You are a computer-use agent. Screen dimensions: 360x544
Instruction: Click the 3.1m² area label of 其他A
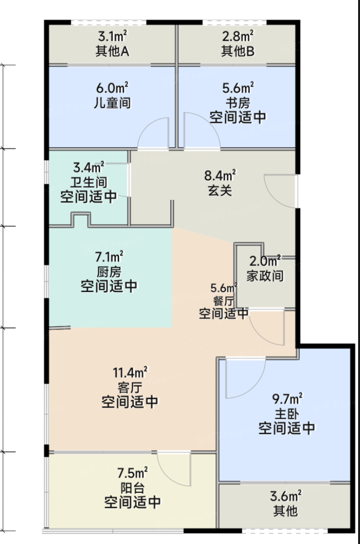click(113, 36)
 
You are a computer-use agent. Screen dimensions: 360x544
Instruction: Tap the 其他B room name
click(238, 51)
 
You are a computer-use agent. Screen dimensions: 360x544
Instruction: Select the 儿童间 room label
click(112, 103)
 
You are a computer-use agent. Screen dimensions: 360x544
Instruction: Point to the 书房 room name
click(238, 103)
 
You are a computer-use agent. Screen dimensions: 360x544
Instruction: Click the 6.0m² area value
click(112, 88)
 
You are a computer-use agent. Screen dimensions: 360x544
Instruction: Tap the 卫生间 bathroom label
click(89, 182)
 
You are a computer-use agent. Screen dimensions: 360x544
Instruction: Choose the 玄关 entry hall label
click(220, 190)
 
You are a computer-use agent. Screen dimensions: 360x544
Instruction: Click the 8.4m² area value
click(220, 175)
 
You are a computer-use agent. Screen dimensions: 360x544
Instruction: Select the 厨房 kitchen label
click(109, 272)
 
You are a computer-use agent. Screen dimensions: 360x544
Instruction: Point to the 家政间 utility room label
click(265, 276)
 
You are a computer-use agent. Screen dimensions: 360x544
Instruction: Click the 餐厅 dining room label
click(224, 300)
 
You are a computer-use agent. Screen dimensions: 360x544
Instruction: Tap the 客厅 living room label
click(129, 387)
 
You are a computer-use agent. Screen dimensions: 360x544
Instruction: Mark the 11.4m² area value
click(129, 372)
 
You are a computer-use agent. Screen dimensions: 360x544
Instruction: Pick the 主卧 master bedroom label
click(287, 413)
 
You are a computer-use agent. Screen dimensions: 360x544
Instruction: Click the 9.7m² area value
click(287, 399)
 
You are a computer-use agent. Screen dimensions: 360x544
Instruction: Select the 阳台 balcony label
click(132, 488)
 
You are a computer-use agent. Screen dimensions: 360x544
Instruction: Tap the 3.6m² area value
click(286, 496)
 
